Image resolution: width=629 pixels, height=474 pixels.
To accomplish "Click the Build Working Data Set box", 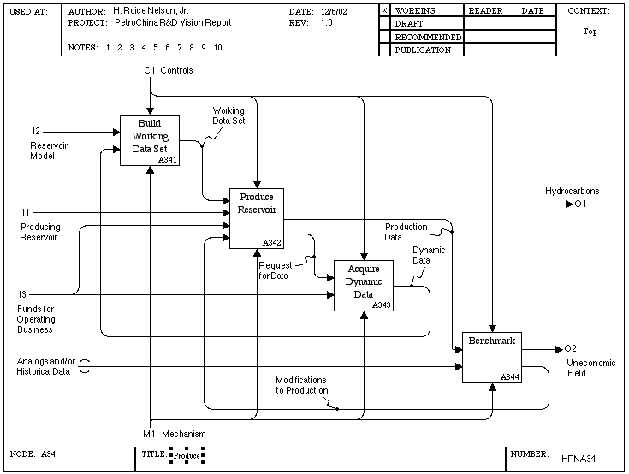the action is coord(150,140).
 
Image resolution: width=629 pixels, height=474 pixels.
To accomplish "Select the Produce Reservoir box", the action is coord(257,218).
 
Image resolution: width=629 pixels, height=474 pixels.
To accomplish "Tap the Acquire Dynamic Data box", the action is coord(364,286).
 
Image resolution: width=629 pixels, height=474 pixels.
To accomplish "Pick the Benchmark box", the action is coord(492,358).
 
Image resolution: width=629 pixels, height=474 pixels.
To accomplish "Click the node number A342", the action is coord(271,243).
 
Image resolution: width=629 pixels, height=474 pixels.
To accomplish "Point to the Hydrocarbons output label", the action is coord(572,192).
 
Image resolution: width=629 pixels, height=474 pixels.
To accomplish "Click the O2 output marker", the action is coord(570,348).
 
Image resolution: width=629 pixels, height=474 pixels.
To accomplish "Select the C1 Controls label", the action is coord(169,70).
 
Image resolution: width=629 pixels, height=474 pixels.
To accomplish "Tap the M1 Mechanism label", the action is coord(175,434).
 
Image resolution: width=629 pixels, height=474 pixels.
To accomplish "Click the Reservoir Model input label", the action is coord(49,151).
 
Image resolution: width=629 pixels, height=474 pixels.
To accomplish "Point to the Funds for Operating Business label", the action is coord(36,319).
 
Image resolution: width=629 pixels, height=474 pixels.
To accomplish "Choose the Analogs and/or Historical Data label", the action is coord(45,366).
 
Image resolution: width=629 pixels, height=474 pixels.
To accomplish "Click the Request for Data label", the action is coord(276,270).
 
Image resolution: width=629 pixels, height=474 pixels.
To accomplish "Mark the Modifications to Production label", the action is coord(301,385).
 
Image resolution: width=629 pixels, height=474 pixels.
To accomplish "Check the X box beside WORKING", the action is coord(384,11).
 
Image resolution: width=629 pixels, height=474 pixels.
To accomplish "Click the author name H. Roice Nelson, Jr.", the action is coord(151,11).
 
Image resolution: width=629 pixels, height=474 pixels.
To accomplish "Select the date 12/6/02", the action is coord(334,12).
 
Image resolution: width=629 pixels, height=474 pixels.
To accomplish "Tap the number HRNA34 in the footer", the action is coord(579,459).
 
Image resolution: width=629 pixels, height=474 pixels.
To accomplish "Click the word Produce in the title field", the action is coord(187,455).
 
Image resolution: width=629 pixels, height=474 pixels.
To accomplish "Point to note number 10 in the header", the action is coord(218,48).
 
